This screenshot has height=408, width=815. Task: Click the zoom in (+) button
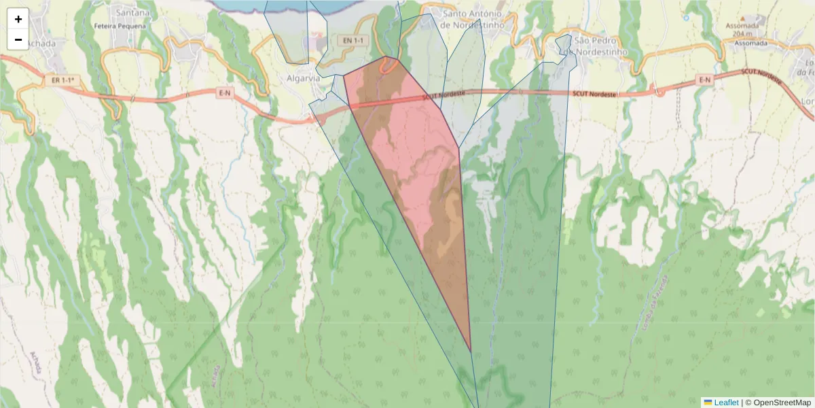(x=18, y=19)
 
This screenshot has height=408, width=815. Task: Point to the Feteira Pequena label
(x=122, y=26)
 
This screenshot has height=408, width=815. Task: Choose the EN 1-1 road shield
(x=353, y=41)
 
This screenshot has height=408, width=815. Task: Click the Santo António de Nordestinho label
(x=472, y=19)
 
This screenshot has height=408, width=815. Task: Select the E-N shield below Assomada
(x=706, y=80)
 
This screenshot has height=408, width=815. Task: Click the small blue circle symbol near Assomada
(x=687, y=18)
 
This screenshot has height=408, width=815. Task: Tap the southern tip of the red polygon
(x=471, y=351)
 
